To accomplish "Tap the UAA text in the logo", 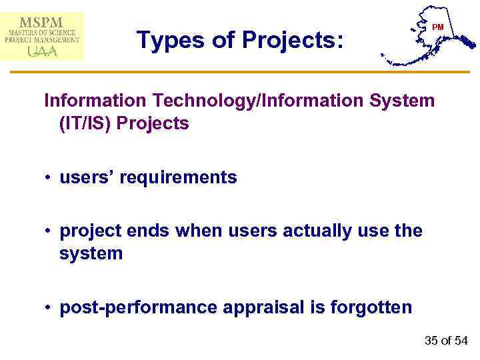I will pos(42,51).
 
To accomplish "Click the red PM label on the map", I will pos(437,27).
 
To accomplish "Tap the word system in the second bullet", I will pos(91,253).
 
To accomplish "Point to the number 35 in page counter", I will pos(431,341).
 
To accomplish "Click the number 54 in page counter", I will pos(461,341).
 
